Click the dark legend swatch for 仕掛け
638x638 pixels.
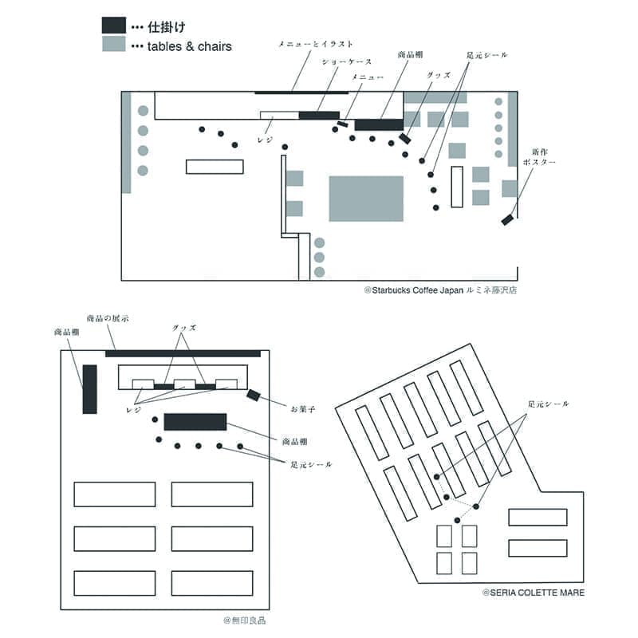(113, 26)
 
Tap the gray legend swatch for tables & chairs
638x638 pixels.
(113, 44)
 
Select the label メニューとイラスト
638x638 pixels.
(315, 44)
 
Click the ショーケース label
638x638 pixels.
(347, 62)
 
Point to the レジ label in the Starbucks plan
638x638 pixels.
(265, 140)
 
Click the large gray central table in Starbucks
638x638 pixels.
(366, 199)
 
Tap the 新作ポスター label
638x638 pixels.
(539, 157)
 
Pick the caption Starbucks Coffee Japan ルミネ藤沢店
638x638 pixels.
(440, 290)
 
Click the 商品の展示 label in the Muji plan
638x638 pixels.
(108, 318)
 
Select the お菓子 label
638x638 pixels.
(303, 409)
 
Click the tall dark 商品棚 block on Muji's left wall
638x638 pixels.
(90, 389)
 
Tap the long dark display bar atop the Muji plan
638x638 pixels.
(183, 353)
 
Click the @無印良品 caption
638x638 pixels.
(244, 620)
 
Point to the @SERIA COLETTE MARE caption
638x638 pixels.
(533, 593)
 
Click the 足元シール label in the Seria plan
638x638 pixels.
(548, 404)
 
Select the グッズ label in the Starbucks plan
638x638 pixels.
(439, 75)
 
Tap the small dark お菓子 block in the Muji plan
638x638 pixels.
(253, 395)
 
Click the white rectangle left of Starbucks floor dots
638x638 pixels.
(215, 167)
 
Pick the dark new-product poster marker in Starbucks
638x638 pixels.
(507, 220)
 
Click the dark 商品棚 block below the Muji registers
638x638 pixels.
(195, 422)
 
